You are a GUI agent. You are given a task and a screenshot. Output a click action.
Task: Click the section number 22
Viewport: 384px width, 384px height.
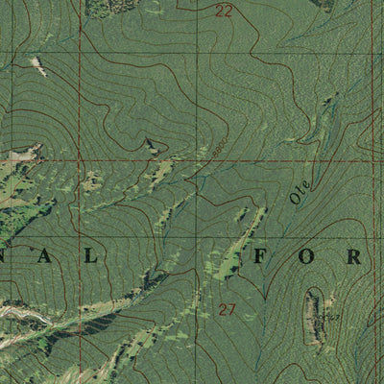(x=224, y=12)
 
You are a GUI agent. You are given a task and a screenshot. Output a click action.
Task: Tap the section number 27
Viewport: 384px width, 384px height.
(x=227, y=309)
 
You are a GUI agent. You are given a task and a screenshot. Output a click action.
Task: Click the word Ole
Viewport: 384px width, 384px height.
(x=299, y=190)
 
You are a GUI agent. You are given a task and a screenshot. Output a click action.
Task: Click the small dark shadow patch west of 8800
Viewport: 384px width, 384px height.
(x=150, y=145)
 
